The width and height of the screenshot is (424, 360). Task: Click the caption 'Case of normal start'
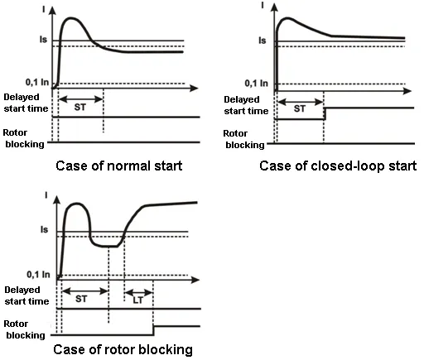[119, 166]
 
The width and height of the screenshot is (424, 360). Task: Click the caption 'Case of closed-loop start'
[338, 166]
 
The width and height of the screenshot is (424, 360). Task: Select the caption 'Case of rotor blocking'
[123, 349]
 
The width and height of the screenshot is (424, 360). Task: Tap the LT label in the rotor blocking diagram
[138, 300]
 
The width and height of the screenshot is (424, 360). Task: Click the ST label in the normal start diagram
[80, 107]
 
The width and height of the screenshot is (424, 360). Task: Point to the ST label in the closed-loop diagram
[300, 108]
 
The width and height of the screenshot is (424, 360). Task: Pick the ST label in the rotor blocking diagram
[81, 299]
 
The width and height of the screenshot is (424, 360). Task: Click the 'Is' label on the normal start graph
[43, 40]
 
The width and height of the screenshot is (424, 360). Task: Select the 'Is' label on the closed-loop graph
[263, 41]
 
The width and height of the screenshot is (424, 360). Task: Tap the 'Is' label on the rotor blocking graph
[44, 229]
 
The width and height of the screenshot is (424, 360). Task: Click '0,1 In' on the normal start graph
[37, 82]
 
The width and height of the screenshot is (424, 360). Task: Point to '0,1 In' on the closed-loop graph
[257, 83]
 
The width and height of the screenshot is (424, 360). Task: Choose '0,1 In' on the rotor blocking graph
[38, 275]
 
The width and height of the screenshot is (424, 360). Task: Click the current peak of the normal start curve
[71, 18]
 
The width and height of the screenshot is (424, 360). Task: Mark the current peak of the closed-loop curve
[287, 18]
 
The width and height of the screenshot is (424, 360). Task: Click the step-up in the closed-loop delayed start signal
[325, 113]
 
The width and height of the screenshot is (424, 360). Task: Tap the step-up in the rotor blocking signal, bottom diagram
[154, 330]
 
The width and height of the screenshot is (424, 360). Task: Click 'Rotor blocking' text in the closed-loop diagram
[243, 139]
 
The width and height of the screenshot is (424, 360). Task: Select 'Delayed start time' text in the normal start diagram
[26, 103]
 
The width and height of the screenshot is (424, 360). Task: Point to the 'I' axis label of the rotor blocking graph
[46, 195]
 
